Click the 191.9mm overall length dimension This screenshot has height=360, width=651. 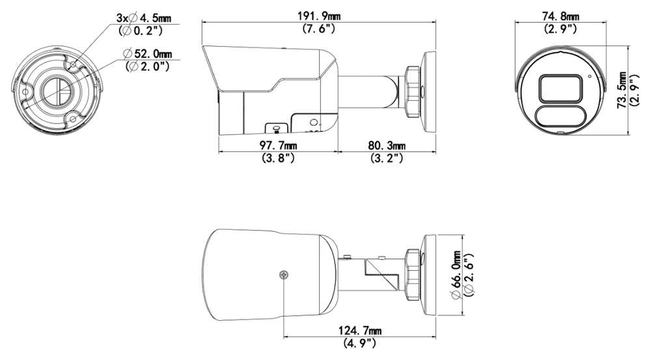pos(319,17)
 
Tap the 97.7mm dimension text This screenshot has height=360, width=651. pos(278,145)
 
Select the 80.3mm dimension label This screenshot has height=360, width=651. pos(387,145)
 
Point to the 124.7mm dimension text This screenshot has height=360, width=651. pos(360,331)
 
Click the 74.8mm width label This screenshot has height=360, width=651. pos(561,17)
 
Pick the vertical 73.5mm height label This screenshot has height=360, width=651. pos(622,90)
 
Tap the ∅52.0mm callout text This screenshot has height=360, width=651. pos(148,53)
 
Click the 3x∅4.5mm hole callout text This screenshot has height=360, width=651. pos(144,18)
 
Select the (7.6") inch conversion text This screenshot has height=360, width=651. pos(319,29)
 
